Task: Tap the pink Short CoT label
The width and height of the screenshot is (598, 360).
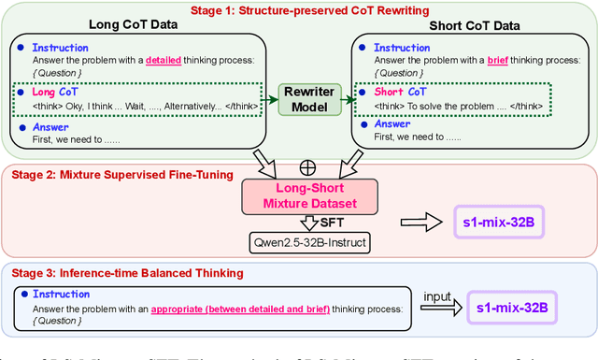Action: (x=402, y=93)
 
